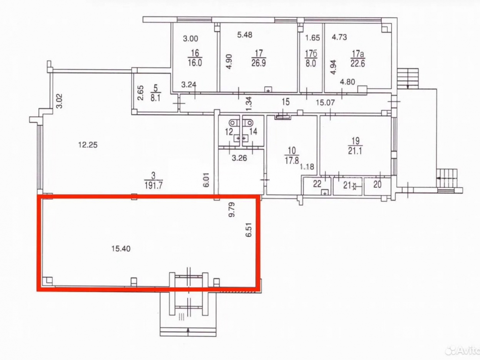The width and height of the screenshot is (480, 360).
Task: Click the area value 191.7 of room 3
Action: point(154,185)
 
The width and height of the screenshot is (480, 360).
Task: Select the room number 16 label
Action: point(195,53)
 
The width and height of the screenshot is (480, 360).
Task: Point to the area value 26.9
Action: point(258,63)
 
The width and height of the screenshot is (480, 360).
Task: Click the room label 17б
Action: point(311,54)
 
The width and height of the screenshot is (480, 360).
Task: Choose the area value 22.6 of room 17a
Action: point(358,64)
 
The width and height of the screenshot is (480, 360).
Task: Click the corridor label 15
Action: point(285,102)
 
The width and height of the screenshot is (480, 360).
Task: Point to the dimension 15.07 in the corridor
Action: point(325,102)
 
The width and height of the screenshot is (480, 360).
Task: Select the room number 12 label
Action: point(229,132)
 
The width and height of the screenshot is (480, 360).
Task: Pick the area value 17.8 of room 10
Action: point(292,160)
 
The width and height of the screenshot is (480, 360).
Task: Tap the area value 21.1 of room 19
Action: point(355,151)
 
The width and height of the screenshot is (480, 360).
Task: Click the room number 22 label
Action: point(317,184)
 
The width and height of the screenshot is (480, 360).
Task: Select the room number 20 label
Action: point(377,185)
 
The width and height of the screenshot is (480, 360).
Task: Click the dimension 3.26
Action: point(239,158)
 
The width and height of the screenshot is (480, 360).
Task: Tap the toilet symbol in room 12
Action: point(234,122)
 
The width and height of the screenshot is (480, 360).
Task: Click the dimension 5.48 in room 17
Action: point(245,35)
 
